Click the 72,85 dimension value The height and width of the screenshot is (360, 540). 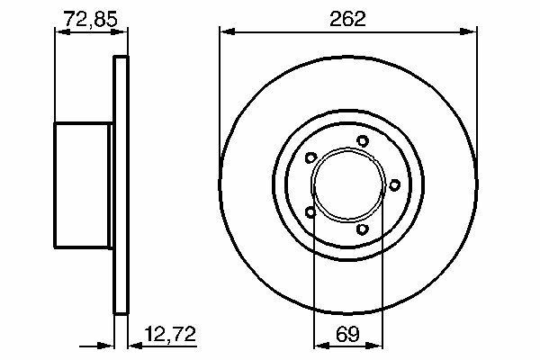pos(91,19)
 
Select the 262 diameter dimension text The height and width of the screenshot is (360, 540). pos(347,19)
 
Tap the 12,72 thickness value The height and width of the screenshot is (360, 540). pos(170,334)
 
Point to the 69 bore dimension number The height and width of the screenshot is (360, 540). pos(347,334)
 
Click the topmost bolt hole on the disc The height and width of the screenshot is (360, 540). pos(363,141)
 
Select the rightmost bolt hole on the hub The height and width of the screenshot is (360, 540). pos(395,185)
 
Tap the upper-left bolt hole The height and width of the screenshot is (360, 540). pos(311,157)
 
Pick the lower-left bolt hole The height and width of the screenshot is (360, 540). pos(310,211)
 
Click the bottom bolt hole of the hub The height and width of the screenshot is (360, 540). pos(363,229)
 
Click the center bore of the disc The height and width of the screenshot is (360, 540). pos(348,185)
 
